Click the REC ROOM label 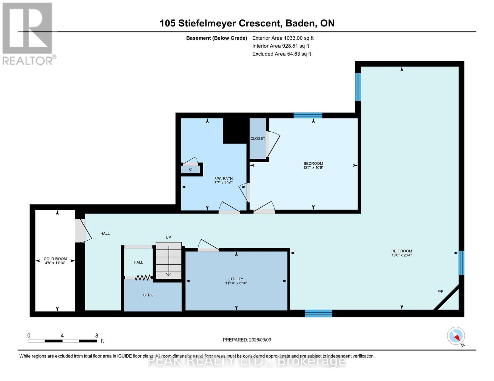coord(401,251)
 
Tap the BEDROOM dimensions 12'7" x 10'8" coord(313,168)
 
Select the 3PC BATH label coord(223,179)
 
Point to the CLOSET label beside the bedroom coord(258,139)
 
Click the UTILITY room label coord(236,279)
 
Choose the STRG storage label coord(148,295)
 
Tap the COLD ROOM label coord(55,259)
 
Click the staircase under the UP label coord(169,260)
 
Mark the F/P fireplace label coord(440,291)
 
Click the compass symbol coord(456,336)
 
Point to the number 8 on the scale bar coord(97,336)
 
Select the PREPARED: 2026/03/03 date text coord(247,340)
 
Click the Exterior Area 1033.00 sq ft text coord(283,38)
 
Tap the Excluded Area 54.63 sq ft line coord(282,54)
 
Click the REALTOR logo coord(28,33)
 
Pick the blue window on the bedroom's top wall coord(308,115)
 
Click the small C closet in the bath coord(191,170)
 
